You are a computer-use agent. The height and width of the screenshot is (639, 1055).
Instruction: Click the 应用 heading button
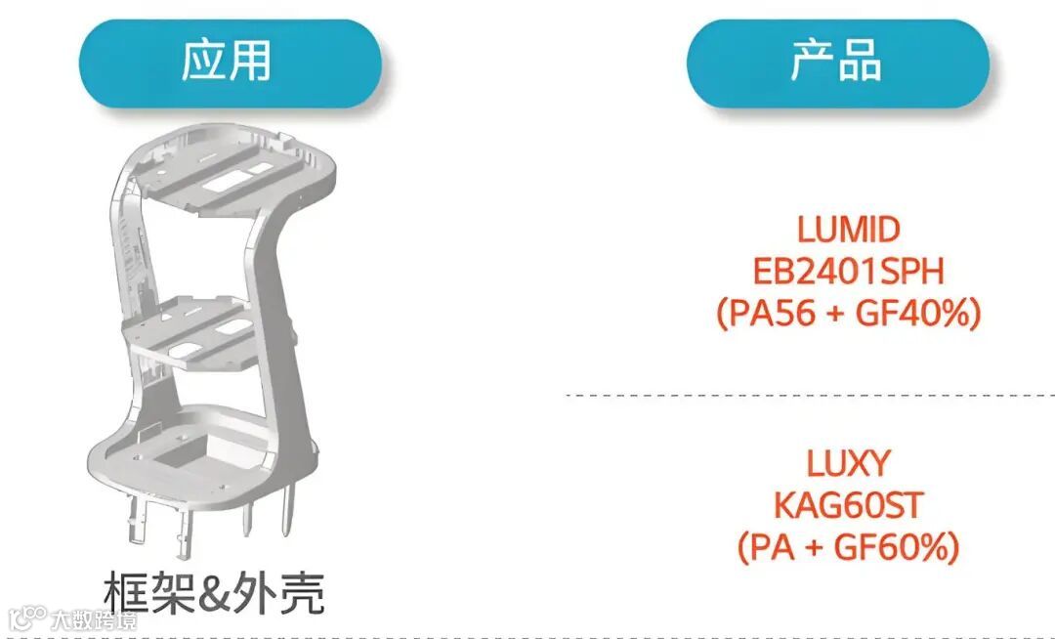click(229, 63)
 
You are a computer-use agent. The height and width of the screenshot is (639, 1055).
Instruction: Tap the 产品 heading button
click(837, 63)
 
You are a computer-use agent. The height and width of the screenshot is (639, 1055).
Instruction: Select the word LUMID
click(848, 230)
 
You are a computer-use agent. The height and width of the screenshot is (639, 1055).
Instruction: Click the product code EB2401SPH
click(848, 272)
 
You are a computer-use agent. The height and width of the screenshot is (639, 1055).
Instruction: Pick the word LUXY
click(848, 462)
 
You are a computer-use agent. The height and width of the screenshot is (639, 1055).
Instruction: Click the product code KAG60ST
click(848, 505)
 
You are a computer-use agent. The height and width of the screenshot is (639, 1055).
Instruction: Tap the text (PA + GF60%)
click(848, 547)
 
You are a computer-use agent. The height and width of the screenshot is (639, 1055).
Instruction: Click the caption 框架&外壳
click(214, 593)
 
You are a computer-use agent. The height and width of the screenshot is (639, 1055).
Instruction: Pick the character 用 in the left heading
click(251, 63)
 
